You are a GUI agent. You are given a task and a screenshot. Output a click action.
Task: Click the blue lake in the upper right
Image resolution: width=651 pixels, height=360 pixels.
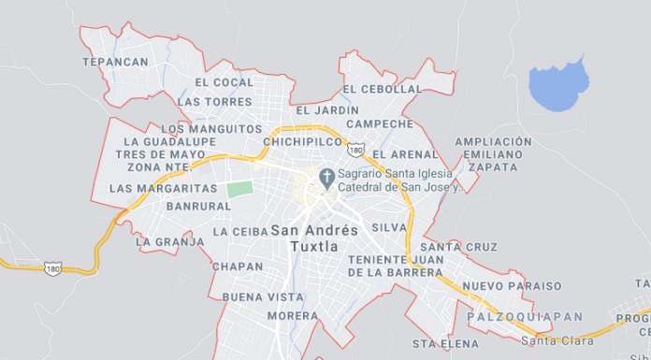[x=558, y=85]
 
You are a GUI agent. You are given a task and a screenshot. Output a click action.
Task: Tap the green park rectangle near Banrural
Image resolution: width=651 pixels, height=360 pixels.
[x=240, y=187]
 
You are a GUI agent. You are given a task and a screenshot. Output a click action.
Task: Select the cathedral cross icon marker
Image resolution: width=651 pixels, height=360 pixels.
[x=327, y=176]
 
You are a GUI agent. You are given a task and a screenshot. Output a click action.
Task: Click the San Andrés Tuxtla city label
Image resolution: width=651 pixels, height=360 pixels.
[x=314, y=238]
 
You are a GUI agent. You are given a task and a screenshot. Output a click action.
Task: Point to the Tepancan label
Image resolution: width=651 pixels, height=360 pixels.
[x=115, y=62]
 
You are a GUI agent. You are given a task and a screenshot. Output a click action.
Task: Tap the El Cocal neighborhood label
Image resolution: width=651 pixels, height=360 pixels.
[x=224, y=82]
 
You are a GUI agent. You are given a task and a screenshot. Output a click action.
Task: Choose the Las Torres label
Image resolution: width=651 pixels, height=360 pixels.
[x=214, y=101]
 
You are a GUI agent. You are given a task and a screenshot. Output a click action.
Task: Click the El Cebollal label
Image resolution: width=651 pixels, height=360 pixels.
[x=383, y=89]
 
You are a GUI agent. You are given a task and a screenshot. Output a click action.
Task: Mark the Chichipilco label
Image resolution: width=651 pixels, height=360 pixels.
[x=303, y=141]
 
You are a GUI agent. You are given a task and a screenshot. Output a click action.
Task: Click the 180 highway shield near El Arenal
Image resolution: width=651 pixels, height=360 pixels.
[x=355, y=150]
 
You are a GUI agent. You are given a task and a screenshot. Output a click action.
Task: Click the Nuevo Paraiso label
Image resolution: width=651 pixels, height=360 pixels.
[x=513, y=286]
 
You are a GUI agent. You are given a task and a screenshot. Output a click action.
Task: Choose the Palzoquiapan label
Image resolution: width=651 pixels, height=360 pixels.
[x=524, y=318]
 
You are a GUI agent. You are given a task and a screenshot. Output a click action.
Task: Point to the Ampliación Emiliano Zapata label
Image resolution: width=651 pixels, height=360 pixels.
[x=493, y=154]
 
